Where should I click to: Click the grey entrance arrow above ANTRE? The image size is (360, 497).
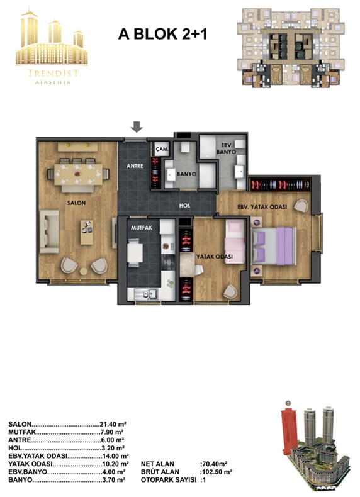click(x=137, y=127)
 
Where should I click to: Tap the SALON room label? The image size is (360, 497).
click(x=76, y=203)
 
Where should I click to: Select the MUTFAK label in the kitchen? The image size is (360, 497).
click(x=142, y=228)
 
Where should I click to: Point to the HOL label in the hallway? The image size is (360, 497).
click(x=184, y=206)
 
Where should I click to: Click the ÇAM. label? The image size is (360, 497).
click(x=162, y=149)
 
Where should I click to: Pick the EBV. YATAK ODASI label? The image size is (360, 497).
click(x=262, y=207)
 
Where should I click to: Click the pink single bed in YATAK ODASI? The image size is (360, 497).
click(x=235, y=242)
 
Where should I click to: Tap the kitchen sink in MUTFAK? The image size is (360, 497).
click(x=146, y=294)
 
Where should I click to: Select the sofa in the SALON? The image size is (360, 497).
click(x=49, y=232)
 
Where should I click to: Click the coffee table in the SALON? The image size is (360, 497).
click(x=87, y=232)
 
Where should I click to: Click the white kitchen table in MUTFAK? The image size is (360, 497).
click(x=135, y=253)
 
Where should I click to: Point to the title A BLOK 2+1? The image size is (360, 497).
click(x=162, y=34)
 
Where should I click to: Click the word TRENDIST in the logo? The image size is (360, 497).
click(x=53, y=74)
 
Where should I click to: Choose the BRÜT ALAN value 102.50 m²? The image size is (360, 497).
click(x=216, y=472)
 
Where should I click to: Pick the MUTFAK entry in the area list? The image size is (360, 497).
click(x=23, y=432)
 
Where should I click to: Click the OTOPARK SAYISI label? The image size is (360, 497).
click(x=169, y=480)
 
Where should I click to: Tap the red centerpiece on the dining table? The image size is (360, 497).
click(x=77, y=174)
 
